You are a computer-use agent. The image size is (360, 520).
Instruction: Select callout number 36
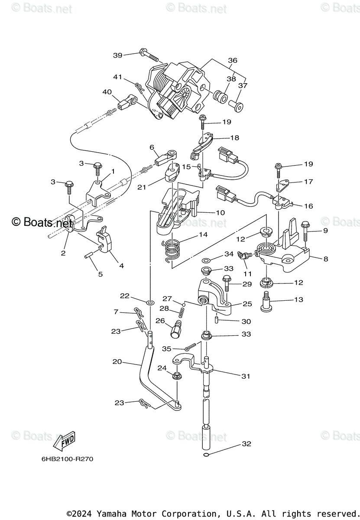(x=233, y=61)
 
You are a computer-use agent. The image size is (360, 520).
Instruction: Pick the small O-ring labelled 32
(x=206, y=454)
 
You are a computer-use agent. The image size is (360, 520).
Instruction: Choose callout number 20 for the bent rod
(x=117, y=361)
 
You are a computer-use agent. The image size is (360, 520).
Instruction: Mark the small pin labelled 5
(x=89, y=256)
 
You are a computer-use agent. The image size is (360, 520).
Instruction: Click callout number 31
(x=246, y=376)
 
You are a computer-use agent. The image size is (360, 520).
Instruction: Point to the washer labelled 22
(x=150, y=301)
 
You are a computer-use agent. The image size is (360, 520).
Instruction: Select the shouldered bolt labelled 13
(x=266, y=302)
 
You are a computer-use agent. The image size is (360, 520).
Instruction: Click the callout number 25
(x=247, y=304)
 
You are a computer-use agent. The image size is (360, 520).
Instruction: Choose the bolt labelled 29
(x=227, y=284)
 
